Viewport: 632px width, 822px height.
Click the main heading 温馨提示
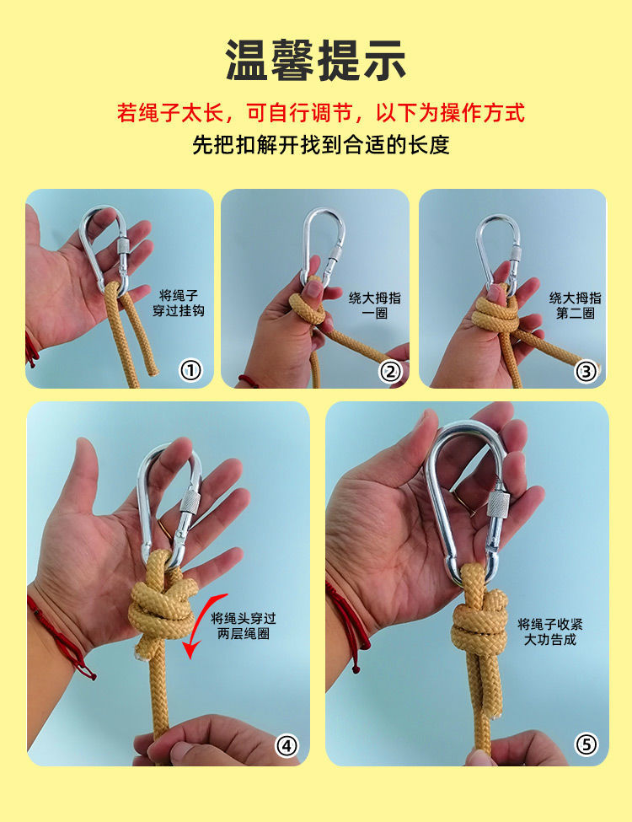click(x=316, y=61)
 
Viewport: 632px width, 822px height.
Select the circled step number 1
click(x=192, y=370)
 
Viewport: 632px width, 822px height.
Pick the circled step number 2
click(x=390, y=370)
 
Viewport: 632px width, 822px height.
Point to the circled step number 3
click(x=587, y=370)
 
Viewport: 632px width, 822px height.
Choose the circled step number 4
click(x=287, y=745)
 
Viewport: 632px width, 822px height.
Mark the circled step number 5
click(x=586, y=745)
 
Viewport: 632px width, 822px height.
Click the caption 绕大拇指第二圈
click(x=576, y=305)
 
